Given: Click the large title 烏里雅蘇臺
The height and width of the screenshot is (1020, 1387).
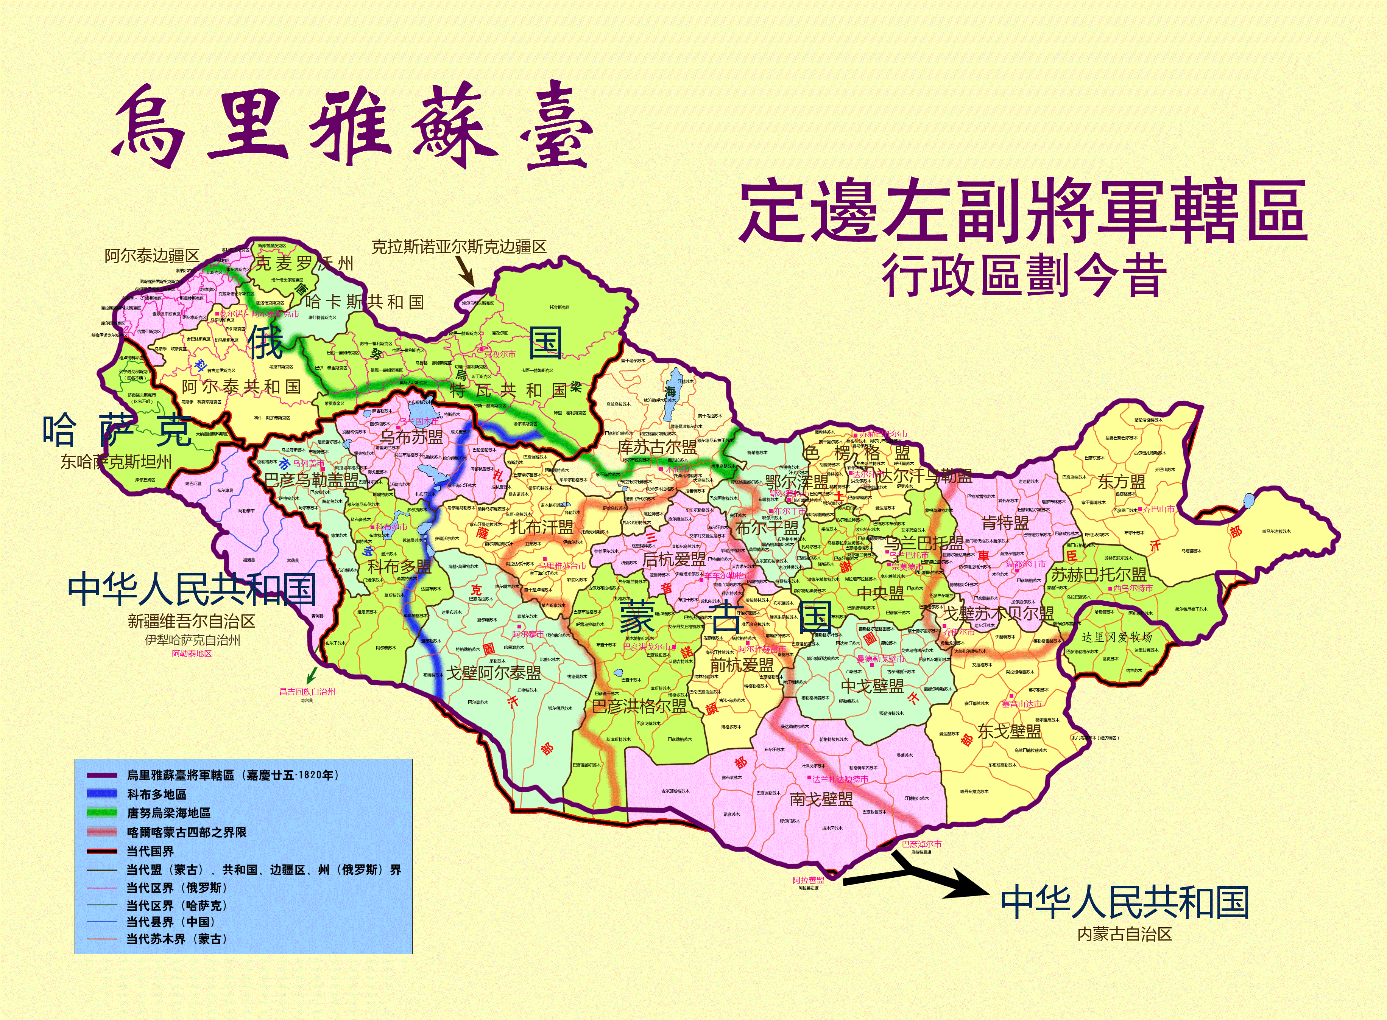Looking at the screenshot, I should click(352, 127).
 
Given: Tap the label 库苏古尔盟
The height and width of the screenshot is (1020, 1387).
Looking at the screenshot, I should click(658, 447).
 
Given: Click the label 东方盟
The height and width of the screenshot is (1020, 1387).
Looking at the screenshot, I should click(1121, 482).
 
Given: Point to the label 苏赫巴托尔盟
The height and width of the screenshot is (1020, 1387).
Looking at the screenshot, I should click(1099, 574).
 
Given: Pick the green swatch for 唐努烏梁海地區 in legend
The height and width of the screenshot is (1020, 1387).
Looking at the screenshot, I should click(102, 813).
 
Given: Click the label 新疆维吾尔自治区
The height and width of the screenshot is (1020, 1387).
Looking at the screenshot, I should click(192, 621).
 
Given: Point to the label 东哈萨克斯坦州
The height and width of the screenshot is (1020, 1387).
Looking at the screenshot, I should click(116, 462).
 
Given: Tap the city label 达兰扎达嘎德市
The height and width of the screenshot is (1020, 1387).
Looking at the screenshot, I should click(840, 779).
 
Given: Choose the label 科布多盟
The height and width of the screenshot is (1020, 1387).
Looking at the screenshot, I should click(399, 566).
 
